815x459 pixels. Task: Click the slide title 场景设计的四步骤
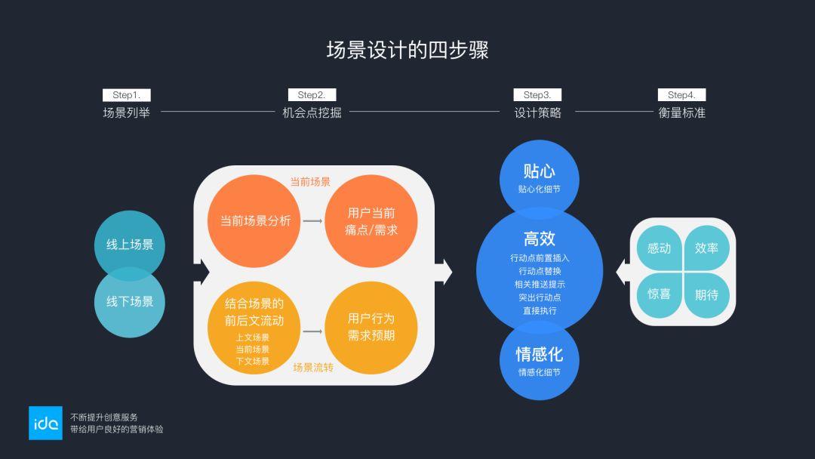(407, 51)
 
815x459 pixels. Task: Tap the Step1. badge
(126, 95)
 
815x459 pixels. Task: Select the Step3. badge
(537, 95)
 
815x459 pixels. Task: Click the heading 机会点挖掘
(312, 113)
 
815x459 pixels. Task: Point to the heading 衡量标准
(681, 113)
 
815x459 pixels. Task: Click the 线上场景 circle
(130, 244)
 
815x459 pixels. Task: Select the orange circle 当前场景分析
(255, 221)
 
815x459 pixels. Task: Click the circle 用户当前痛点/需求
(371, 221)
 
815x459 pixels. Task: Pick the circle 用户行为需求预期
(371, 327)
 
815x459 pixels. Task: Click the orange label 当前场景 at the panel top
(310, 182)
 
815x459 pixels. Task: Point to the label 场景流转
(313, 368)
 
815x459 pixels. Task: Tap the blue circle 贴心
(539, 177)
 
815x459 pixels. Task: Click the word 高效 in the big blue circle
(539, 239)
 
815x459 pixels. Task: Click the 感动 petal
(659, 248)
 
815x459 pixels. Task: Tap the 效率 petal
(706, 248)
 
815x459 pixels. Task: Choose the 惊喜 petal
(659, 294)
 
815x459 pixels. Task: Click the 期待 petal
(706, 294)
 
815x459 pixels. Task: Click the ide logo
(45, 424)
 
